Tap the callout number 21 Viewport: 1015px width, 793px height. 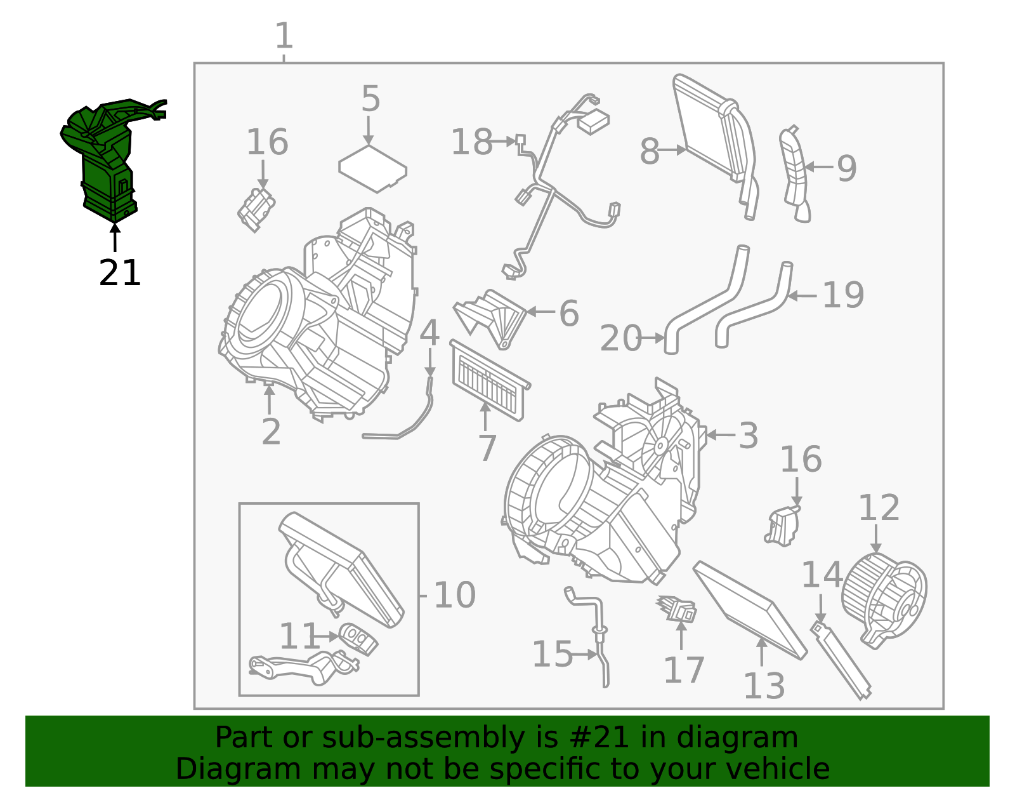coord(120,274)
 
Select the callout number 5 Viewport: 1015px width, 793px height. coord(370,100)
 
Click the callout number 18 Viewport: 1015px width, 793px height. coord(471,142)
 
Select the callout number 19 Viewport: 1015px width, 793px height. coord(842,295)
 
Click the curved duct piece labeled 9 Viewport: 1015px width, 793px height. coord(794,175)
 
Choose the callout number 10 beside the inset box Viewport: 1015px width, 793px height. coord(454,596)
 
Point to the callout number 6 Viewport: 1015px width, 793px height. coord(568,314)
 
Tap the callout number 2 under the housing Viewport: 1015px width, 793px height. coord(271,432)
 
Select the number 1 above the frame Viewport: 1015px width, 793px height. coord(284,36)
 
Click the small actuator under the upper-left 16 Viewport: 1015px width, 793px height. coord(256,209)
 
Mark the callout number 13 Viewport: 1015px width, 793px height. coord(764,686)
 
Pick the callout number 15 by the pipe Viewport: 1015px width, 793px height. coord(552,655)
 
